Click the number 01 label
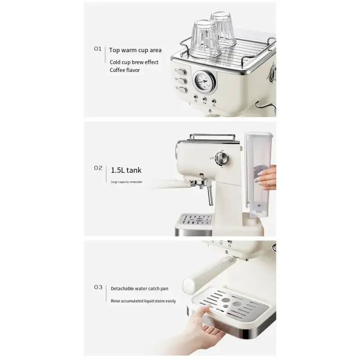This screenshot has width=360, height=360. [98, 49]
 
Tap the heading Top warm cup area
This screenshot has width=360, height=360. [135, 50]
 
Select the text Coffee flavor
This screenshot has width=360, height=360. [125, 70]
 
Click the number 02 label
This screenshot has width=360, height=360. [98, 168]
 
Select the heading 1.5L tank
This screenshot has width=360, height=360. [126, 170]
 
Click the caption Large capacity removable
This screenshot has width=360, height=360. [126, 182]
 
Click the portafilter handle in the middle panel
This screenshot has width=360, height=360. [169, 183]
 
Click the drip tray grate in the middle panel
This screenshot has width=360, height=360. [196, 220]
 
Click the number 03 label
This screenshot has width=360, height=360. [98, 287]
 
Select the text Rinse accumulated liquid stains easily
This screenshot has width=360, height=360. [143, 301]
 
